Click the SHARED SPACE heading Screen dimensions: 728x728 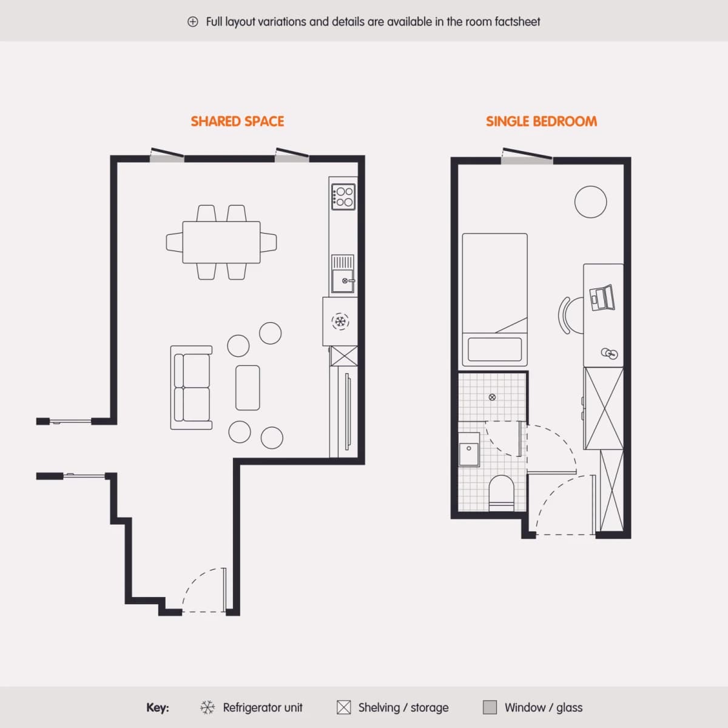[237, 121]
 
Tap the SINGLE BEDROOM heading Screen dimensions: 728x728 [541, 121]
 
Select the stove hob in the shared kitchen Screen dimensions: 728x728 [343, 197]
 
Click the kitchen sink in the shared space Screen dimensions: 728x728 [343, 274]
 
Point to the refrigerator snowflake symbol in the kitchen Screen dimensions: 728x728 [340, 322]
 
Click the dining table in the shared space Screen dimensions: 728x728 [221, 242]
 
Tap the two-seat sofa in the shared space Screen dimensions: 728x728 [192, 387]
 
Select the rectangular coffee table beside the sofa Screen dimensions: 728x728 [248, 388]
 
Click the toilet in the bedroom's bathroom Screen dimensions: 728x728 [501, 493]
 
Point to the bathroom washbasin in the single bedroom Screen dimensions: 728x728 [469, 450]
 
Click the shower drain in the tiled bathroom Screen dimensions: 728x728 [492, 397]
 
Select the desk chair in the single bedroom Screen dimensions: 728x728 [571, 315]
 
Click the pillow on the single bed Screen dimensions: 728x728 [494, 349]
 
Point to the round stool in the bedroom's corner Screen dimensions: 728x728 [590, 202]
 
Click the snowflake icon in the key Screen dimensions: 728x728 [207, 707]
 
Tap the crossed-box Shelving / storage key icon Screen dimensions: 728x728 [343, 707]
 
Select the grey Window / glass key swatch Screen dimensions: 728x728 [490, 707]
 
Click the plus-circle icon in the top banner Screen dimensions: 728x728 [193, 22]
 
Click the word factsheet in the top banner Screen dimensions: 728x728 [517, 22]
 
